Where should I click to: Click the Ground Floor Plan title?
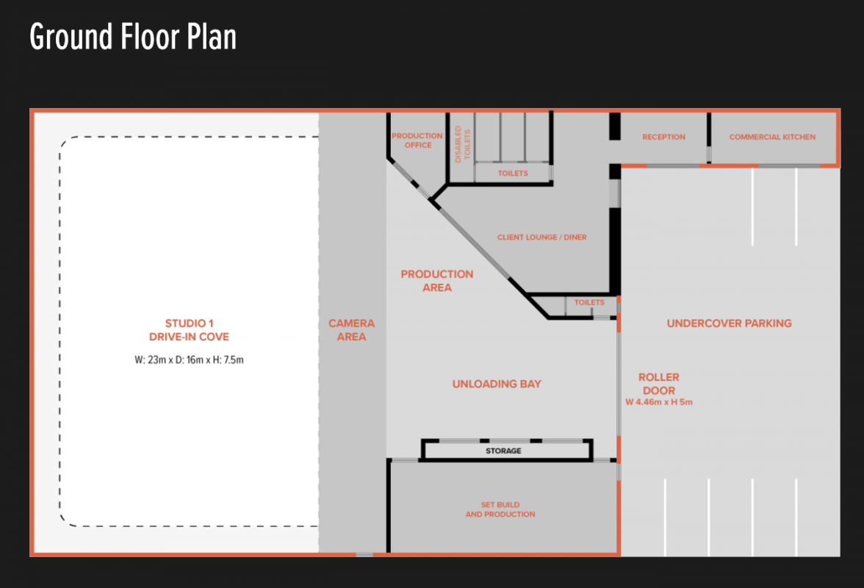(x=133, y=37)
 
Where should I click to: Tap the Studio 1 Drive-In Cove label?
(x=189, y=330)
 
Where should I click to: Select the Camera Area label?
(x=351, y=330)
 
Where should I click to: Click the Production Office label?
(x=417, y=140)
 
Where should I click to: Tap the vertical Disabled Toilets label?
(x=462, y=144)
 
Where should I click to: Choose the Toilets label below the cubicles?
(x=513, y=173)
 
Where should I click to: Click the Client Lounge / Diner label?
(x=541, y=237)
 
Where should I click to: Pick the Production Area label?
(x=437, y=281)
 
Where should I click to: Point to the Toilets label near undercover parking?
(x=589, y=302)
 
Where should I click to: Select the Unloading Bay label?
(x=497, y=384)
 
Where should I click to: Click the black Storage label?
(x=503, y=451)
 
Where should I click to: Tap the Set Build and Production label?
(x=500, y=509)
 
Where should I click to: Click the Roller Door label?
(x=659, y=384)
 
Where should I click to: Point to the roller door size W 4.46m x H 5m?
(x=659, y=402)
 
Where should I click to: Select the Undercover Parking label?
(x=729, y=323)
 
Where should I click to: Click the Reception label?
(x=663, y=137)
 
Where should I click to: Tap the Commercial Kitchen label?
(x=772, y=137)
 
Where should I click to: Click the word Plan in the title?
(x=212, y=37)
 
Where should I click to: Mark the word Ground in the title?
(x=71, y=37)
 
